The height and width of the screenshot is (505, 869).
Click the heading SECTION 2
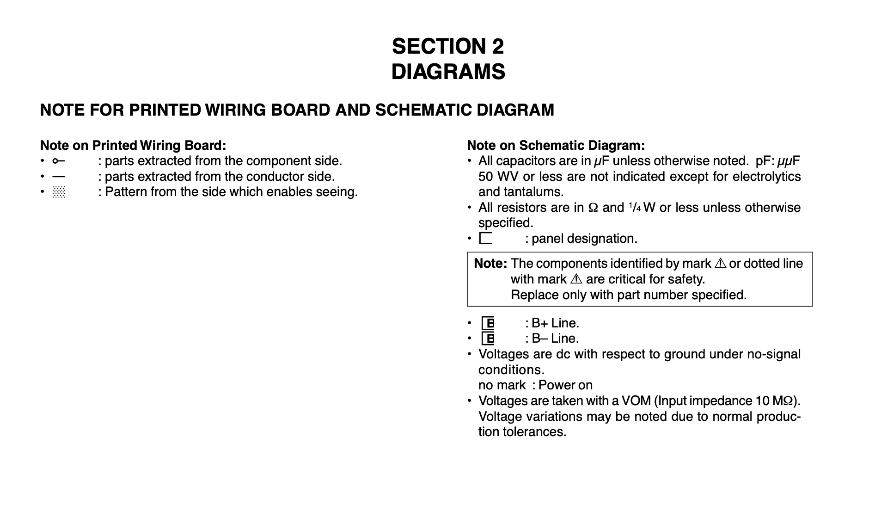click(447, 46)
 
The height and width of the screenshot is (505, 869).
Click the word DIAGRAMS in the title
click(448, 72)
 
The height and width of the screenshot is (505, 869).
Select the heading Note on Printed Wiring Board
click(133, 145)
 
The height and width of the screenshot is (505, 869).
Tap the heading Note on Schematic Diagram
click(556, 145)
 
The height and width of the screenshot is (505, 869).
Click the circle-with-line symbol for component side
click(58, 161)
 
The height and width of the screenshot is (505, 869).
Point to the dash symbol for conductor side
click(58, 177)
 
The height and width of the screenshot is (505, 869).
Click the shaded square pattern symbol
click(59, 192)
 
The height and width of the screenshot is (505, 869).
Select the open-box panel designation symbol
click(485, 238)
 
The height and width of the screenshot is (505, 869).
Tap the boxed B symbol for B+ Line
click(488, 323)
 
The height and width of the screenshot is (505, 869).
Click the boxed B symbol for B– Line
click(488, 339)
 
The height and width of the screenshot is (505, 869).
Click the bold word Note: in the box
click(490, 264)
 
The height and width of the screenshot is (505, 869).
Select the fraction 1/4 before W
click(634, 207)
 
